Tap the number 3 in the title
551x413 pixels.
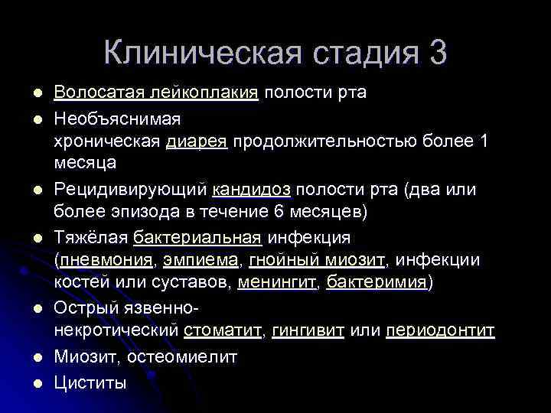coord(439,53)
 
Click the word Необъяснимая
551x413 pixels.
coord(116,119)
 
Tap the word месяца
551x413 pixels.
coord(85,163)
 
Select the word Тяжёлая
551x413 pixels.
coord(91,238)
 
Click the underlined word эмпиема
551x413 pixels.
coord(201,260)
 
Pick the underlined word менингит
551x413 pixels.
coord(267,281)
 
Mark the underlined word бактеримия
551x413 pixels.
coord(367,281)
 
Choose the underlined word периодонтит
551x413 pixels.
coord(441,330)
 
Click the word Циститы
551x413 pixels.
coord(90,382)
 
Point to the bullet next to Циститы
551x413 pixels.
coord(28,382)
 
